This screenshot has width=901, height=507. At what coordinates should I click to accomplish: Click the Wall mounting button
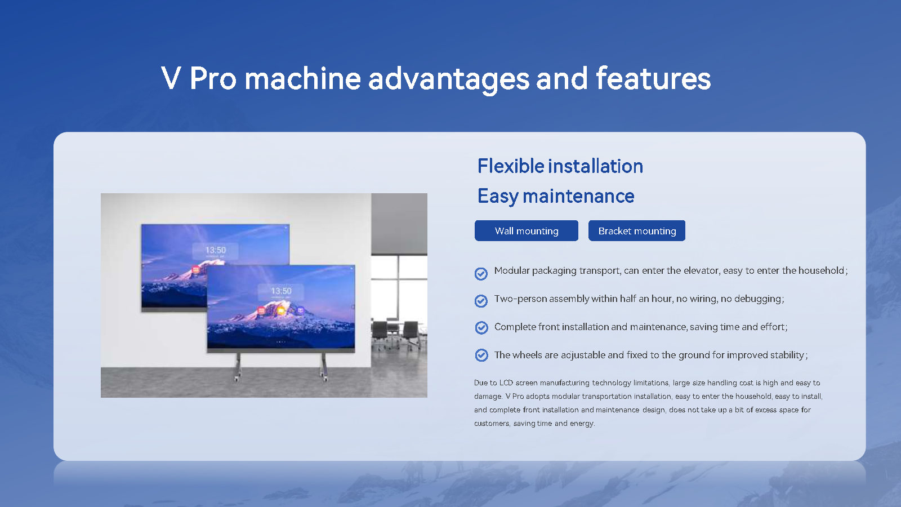(x=526, y=231)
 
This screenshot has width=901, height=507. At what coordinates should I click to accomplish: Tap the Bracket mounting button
(x=636, y=231)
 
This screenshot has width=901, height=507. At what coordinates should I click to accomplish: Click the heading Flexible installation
(x=560, y=166)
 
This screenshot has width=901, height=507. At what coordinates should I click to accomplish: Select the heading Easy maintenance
(x=556, y=196)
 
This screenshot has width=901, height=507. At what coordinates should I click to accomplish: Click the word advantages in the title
(x=448, y=79)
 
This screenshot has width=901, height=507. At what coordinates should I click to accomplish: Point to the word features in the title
(x=653, y=79)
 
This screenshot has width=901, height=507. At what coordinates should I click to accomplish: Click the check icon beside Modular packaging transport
(x=481, y=274)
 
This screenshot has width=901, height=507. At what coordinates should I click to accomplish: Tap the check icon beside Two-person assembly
(x=481, y=301)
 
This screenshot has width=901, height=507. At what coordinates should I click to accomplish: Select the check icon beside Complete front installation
(x=481, y=327)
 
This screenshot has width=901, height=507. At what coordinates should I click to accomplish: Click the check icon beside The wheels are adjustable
(x=481, y=355)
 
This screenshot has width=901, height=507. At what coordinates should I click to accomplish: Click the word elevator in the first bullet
(x=701, y=270)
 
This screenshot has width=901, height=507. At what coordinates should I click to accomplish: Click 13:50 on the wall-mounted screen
(x=215, y=250)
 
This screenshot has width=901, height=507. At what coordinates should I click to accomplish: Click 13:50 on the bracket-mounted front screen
(x=281, y=291)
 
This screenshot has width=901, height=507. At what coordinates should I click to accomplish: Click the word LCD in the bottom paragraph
(x=506, y=383)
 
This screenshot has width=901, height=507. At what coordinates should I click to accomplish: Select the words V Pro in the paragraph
(x=514, y=396)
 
